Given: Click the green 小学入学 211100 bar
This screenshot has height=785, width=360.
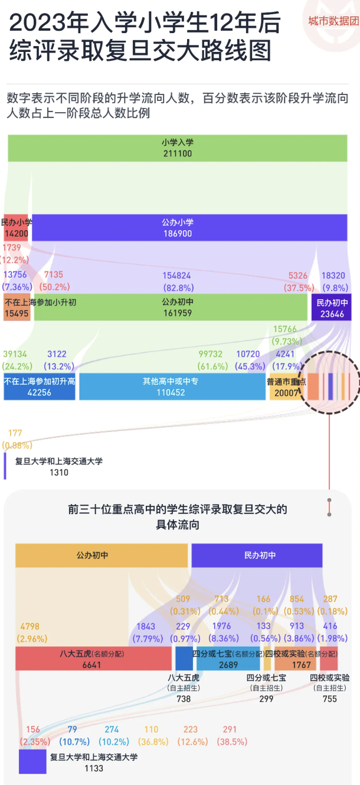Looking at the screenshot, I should coord(178,148).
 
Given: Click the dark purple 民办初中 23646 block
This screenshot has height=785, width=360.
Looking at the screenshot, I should coord(331,308).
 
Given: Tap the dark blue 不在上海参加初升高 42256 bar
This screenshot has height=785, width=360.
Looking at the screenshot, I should coord(40,387).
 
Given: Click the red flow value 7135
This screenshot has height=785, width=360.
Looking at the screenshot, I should coord(54,274).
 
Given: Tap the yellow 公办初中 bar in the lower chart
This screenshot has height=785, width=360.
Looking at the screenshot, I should coord(101,555).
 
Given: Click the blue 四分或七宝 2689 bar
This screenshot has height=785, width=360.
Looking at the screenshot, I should coord(229,659).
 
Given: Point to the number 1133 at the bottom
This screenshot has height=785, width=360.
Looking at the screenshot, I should coord(94,768).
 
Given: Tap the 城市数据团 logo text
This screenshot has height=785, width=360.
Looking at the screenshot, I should coord(333,21).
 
